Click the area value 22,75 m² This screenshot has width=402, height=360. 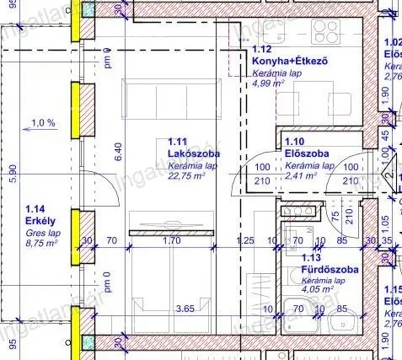pyautogui.click(x=191, y=177)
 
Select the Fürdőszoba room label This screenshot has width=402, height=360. pyautogui.click(x=330, y=270)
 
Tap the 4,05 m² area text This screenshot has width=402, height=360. pyautogui.click(x=321, y=291)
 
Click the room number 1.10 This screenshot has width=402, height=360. pyautogui.click(x=296, y=142)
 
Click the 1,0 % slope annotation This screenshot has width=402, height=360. pyautogui.click(x=42, y=123)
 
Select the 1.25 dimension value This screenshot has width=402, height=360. pyautogui.click(x=245, y=240)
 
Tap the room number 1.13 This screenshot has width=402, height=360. pyautogui.click(x=310, y=259)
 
